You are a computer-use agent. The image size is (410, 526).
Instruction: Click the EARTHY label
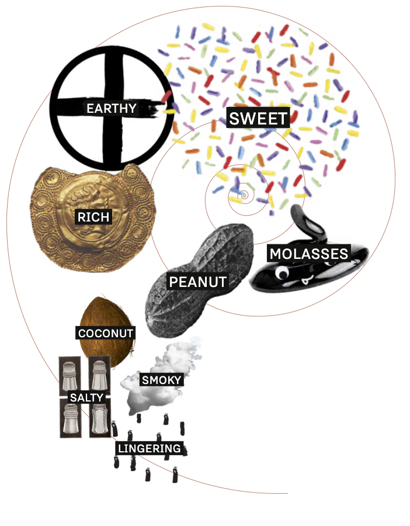click(111, 108)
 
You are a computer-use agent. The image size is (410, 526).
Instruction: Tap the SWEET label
click(258, 118)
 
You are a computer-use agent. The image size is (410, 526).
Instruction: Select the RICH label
click(93, 217)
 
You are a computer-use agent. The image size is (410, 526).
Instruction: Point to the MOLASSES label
click(308, 254)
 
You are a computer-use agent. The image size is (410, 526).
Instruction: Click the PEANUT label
click(197, 282)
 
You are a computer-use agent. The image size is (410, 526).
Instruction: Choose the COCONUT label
click(106, 333)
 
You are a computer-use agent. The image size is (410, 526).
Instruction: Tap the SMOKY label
click(162, 380)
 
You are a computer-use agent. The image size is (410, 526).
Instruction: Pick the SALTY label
click(86, 397)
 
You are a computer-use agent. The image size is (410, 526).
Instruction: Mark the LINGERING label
click(150, 448)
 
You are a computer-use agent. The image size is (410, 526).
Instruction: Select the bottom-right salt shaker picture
click(99, 418)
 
